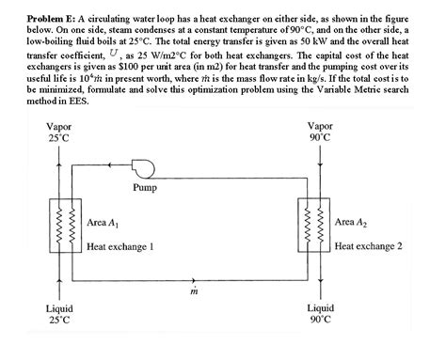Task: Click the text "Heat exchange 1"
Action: [119, 246]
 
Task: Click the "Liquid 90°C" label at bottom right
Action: [320, 313]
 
